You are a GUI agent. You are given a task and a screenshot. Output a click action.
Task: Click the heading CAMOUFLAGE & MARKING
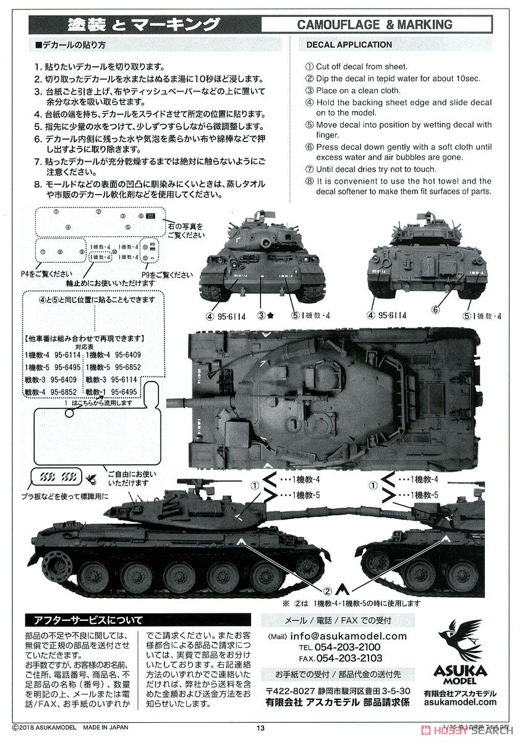coord(375,25)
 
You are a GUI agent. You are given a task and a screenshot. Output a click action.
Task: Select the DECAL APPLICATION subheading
coord(349,45)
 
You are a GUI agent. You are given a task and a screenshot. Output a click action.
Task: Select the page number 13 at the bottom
coord(260,728)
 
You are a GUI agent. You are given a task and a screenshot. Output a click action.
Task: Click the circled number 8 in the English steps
coord(310,181)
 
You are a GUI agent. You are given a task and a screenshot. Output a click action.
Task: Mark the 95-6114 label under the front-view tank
coord(229,317)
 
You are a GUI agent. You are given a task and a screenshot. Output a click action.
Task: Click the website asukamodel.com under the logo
coord(460,702)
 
